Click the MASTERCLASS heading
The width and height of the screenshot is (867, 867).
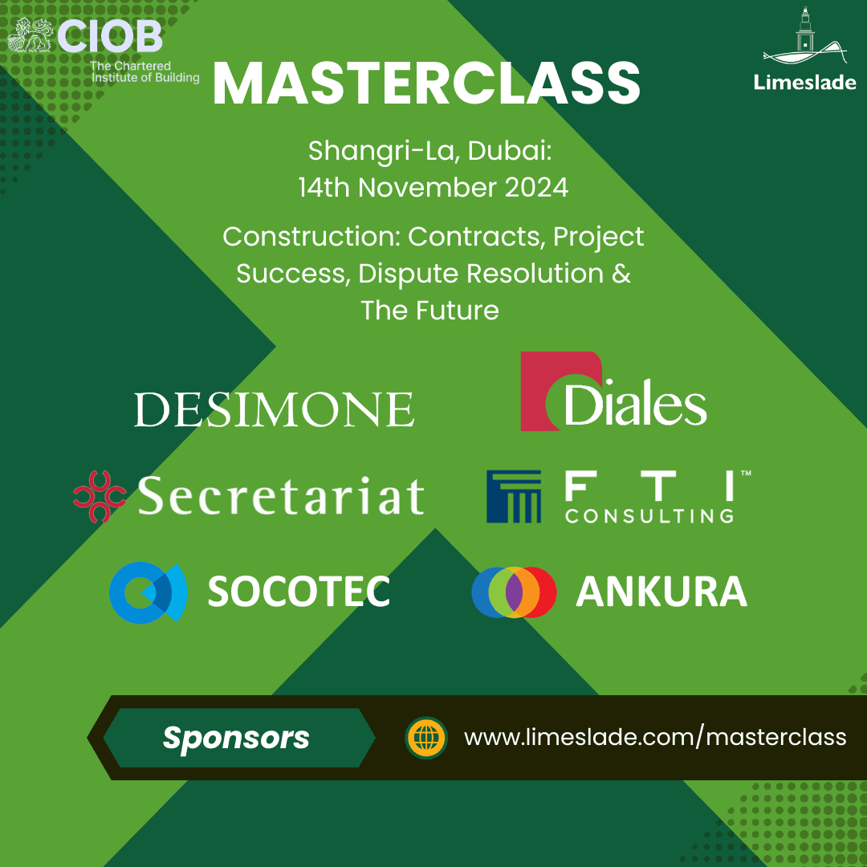426,83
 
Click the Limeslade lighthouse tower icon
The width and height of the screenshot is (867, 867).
803,32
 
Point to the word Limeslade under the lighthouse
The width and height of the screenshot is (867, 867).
804,82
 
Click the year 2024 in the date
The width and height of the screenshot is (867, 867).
536,187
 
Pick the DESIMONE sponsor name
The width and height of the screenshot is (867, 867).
274,409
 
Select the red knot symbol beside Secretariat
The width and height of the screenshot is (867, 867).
99,496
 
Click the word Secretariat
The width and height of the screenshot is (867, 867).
280,496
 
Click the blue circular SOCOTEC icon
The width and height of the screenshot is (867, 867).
148,592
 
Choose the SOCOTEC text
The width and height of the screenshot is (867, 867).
299,592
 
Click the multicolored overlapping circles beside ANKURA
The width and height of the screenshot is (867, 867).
514,592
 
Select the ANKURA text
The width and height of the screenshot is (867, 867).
661,592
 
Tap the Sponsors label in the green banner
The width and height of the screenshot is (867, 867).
236,738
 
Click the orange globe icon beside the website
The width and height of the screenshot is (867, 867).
426,738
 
